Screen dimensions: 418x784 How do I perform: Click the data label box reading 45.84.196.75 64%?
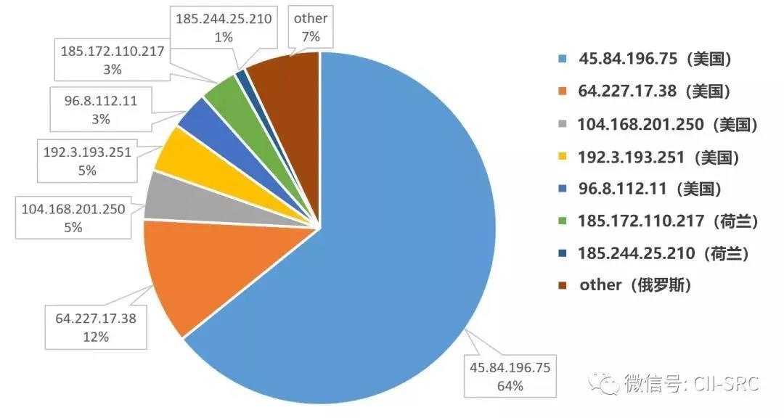[x=510, y=376]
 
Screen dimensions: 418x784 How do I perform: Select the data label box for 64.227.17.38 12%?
[x=96, y=327]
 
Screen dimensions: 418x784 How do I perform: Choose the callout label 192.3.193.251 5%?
[x=88, y=160]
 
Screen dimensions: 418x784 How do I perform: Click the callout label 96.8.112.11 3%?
[x=95, y=110]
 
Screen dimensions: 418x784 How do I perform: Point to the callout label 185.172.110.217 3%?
[x=112, y=60]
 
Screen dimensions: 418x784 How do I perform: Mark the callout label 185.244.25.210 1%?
[x=224, y=28]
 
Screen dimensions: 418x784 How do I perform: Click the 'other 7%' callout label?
[x=310, y=28]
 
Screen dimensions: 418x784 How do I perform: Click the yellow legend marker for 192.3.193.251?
[x=563, y=157]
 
